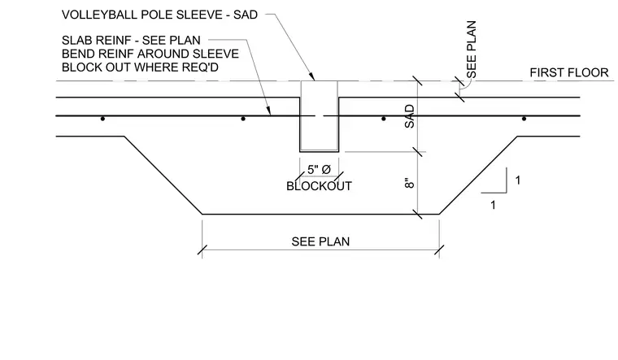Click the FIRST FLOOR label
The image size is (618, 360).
568,73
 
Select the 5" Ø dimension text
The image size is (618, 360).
319,170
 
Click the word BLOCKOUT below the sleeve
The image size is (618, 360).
319,186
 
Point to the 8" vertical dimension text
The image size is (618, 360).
410,184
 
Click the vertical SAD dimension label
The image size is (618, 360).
410,116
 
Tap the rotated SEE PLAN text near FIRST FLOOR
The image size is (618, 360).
472,50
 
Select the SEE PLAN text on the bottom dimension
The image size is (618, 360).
320,241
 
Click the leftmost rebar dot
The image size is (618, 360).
102,119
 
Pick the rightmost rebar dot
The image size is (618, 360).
524,119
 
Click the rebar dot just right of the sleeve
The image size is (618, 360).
384,119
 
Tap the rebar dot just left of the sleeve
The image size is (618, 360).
243,119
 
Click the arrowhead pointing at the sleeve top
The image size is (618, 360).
311,76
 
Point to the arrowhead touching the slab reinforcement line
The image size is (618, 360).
268,111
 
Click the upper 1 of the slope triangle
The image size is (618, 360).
517,180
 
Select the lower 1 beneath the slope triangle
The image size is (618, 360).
493,206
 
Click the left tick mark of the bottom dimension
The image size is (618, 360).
202,249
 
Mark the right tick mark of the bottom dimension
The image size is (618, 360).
439,249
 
